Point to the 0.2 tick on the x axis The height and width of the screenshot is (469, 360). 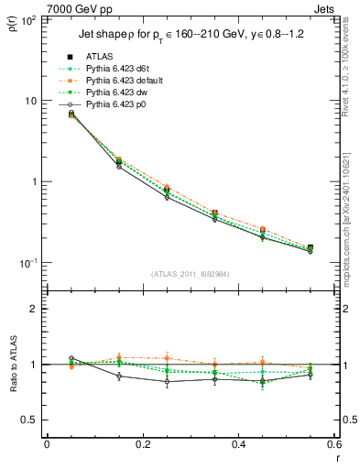click(143, 445)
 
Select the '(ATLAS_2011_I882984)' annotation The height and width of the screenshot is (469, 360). click(191, 274)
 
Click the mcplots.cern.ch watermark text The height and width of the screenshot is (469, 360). click(353, 220)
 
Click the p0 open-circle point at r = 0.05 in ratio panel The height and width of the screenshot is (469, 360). click(71, 358)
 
